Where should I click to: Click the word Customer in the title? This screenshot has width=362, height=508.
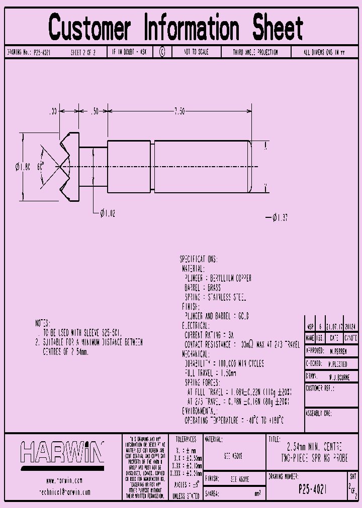[89, 28]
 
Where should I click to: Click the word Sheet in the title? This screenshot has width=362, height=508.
[278, 28]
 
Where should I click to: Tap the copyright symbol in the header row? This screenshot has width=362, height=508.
[162, 52]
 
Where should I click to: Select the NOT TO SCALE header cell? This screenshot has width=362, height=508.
[196, 52]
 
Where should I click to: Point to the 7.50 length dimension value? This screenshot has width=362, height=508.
[179, 111]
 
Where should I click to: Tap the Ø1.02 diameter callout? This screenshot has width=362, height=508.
[108, 214]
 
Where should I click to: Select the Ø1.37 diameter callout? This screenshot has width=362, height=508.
[279, 217]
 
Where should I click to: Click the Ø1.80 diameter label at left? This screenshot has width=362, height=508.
[24, 166]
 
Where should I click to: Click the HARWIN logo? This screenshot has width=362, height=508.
[62, 452]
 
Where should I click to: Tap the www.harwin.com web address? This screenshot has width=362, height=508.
[64, 480]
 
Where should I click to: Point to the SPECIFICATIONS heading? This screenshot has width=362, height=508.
[199, 260]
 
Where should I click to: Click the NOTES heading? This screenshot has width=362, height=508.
[43, 323]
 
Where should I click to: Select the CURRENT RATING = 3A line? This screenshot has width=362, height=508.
[209, 335]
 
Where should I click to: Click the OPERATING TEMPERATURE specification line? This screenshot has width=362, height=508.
[234, 420]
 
